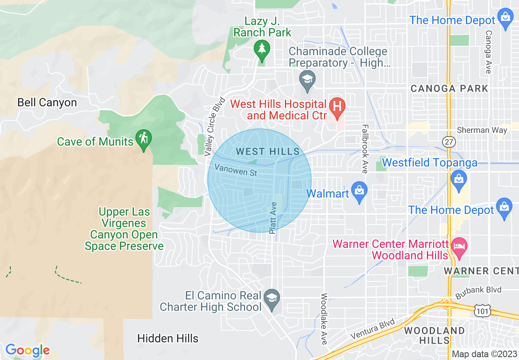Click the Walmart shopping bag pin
point(359,191)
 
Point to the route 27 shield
point(449,142)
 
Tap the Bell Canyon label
point(47,102)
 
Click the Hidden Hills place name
point(168,338)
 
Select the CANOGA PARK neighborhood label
point(449,88)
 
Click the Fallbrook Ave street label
point(365,149)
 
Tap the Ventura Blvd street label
point(373,328)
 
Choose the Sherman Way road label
point(482,130)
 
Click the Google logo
point(27,350)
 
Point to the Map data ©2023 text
point(484,354)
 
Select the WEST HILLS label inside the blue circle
point(268,152)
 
